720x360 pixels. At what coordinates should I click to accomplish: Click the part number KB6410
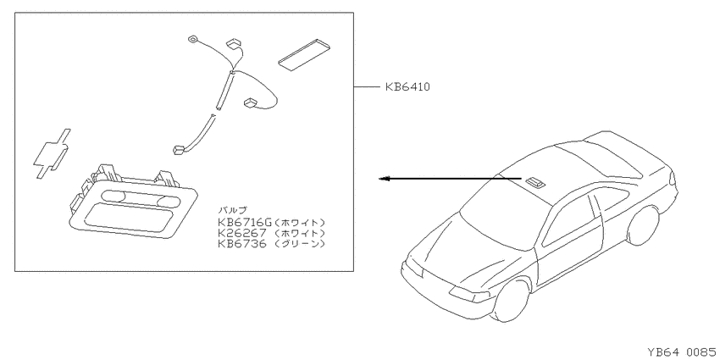point(407,86)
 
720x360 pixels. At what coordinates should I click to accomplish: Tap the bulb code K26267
point(242,233)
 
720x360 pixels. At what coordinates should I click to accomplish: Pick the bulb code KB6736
point(242,244)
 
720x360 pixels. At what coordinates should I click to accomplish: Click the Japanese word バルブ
point(230,212)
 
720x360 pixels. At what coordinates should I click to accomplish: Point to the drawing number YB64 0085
point(681,352)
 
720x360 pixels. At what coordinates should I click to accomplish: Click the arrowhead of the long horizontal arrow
point(384,179)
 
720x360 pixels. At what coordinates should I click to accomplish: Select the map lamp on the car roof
point(534,182)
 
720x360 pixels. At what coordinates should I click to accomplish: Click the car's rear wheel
point(643,225)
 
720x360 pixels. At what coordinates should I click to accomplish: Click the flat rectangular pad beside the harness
point(305,54)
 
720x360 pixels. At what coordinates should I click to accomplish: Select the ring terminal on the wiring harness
point(192,40)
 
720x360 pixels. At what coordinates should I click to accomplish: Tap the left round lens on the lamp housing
point(113,197)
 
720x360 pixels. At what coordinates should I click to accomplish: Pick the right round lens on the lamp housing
point(168,202)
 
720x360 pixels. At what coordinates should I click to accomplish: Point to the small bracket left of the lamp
point(52,153)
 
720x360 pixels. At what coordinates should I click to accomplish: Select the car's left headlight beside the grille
point(469,294)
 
